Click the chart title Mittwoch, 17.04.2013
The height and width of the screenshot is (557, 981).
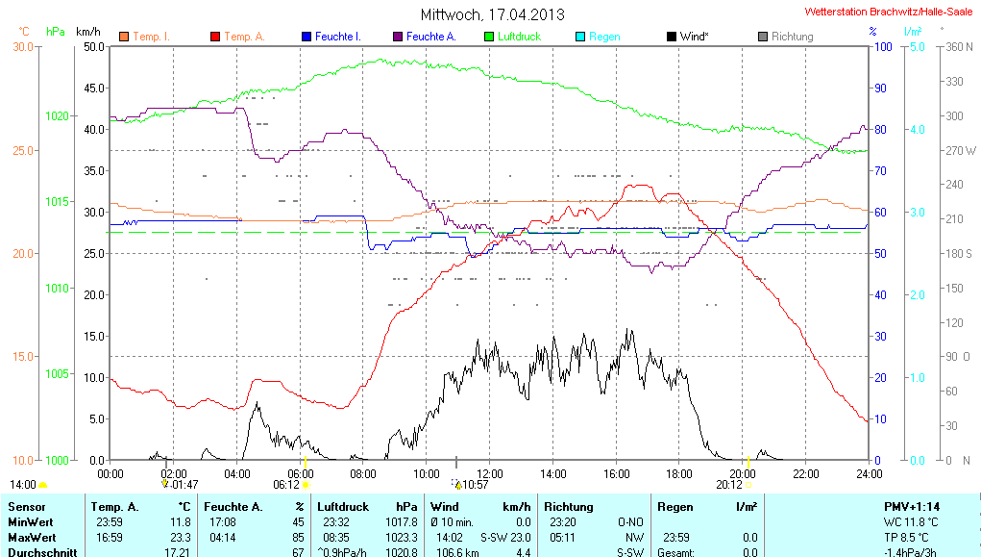tap(492, 14)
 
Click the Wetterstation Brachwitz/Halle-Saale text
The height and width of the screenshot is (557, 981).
tap(888, 13)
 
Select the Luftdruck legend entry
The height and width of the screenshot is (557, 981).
tap(518, 37)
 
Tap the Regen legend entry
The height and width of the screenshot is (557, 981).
tap(603, 37)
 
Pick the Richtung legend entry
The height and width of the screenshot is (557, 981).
tap(792, 37)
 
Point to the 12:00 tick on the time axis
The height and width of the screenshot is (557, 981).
tap(490, 473)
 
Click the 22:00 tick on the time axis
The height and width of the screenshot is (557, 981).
tap(805, 473)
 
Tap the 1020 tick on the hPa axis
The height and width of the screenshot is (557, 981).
tap(57, 115)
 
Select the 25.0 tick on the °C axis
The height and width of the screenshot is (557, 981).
tap(22, 150)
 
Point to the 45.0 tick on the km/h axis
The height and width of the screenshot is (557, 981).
tap(94, 88)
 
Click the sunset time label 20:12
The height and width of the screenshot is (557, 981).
tap(727, 485)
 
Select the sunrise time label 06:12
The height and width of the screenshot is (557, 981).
tap(285, 485)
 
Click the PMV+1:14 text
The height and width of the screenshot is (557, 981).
tap(912, 506)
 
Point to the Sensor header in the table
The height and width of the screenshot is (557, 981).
tap(27, 506)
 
